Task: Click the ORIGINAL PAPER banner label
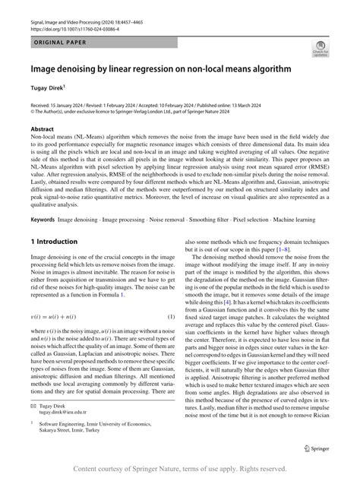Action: (x=58, y=36)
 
